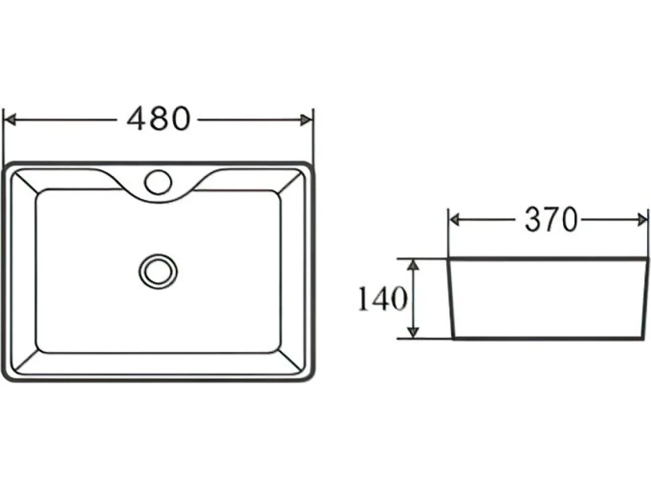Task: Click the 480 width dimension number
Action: tap(158, 119)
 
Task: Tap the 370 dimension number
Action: tap(551, 220)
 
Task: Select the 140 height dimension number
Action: tap(383, 299)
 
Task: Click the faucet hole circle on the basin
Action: tap(158, 182)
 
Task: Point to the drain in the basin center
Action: tap(158, 272)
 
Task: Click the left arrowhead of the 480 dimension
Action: tap(9, 120)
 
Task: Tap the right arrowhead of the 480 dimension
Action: tap(307, 120)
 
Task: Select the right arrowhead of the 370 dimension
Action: tap(642, 220)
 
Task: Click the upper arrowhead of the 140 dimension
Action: tap(413, 266)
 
